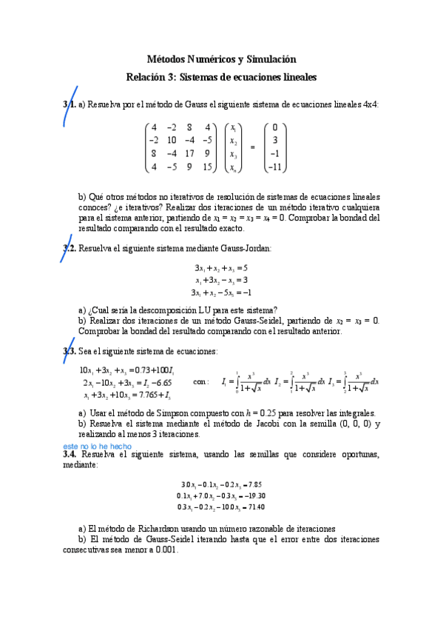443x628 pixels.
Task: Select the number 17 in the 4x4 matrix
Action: coord(190,154)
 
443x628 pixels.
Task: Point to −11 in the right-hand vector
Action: coord(274,167)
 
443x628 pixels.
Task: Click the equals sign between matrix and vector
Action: coord(252,147)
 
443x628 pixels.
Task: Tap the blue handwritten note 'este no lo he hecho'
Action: coord(98,447)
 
